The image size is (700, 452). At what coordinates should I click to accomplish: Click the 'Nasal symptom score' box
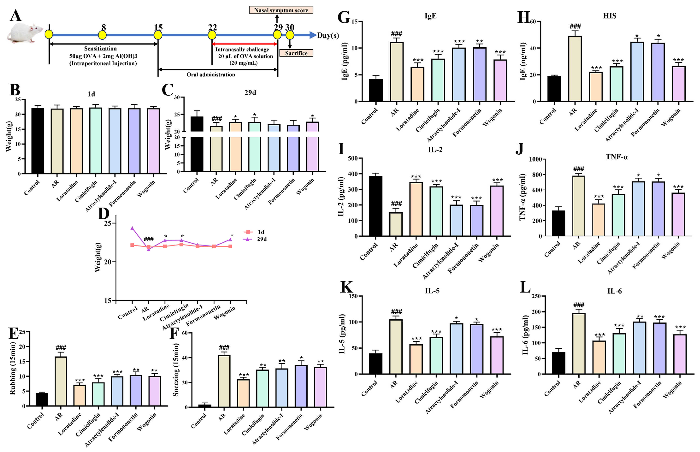[x=281, y=10]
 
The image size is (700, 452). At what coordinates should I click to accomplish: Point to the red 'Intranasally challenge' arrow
[x=244, y=44]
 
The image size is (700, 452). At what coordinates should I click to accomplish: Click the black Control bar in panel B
[x=38, y=141]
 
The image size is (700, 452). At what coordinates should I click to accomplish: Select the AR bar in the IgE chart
[x=396, y=72]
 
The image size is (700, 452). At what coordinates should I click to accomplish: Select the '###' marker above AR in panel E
[x=61, y=348]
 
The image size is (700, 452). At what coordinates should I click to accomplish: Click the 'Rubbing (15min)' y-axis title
[x=12, y=368]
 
